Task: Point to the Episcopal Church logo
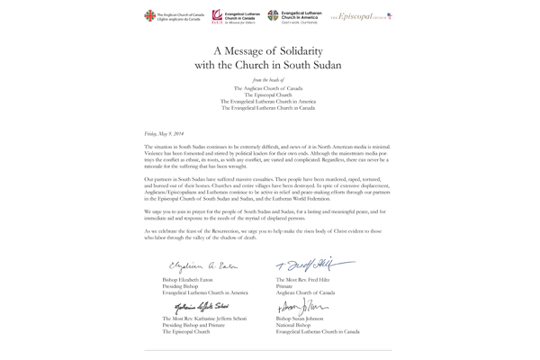pyautogui.click(x=364, y=16)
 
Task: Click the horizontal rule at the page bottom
pyautogui.click(x=269, y=350)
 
